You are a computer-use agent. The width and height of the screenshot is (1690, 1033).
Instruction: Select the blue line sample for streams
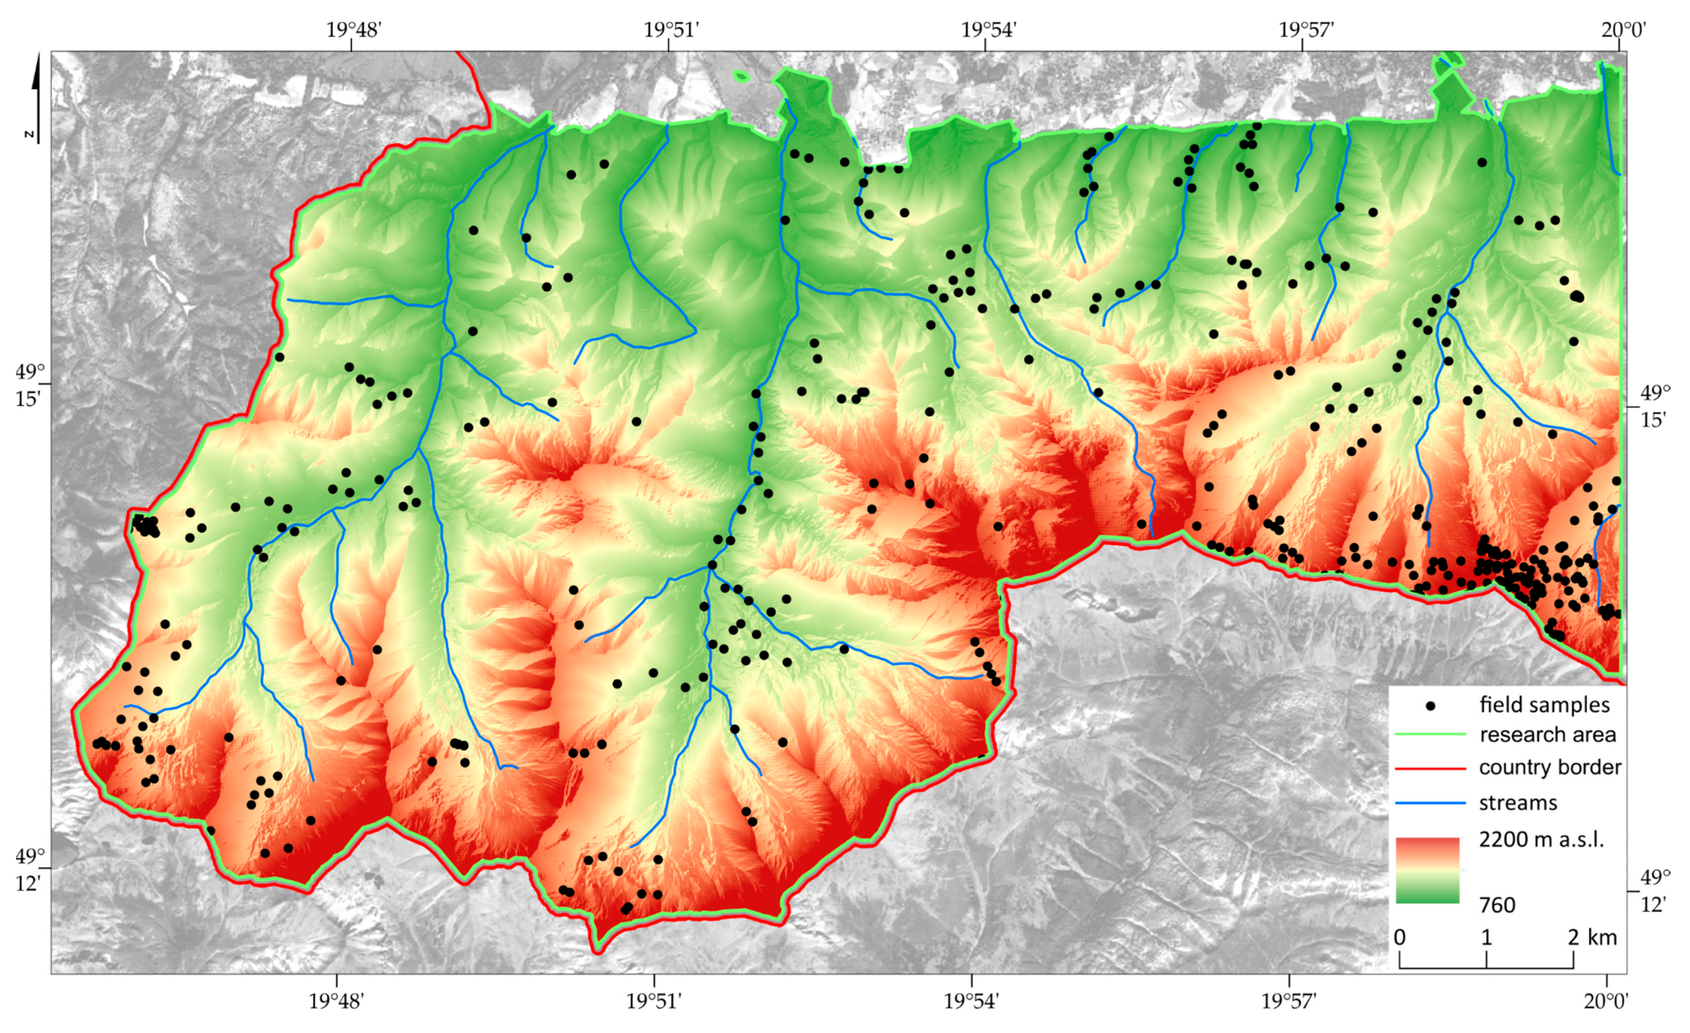(x=1431, y=803)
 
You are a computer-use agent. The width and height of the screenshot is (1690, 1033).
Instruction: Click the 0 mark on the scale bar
(x=1400, y=938)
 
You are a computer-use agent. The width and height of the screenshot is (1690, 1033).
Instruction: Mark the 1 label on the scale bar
(x=1486, y=938)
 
